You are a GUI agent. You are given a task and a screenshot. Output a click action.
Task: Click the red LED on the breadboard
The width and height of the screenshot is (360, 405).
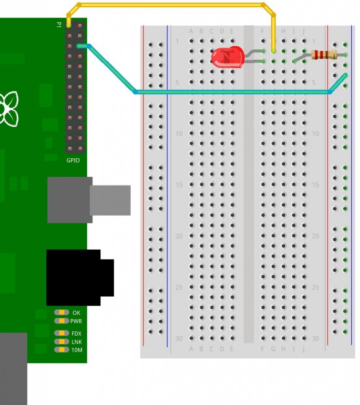[x=227, y=56]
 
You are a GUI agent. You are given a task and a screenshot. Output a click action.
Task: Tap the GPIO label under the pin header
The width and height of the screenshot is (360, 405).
[x=73, y=160]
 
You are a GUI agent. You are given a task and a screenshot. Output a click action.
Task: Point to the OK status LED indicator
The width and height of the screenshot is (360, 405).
[x=62, y=312]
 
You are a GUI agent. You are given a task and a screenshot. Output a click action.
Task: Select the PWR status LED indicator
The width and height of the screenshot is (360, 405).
[x=62, y=321]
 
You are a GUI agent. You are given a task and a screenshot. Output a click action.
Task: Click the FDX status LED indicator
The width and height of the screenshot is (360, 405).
[x=62, y=333]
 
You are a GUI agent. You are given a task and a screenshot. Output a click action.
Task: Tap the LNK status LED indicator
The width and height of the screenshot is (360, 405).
[x=62, y=341]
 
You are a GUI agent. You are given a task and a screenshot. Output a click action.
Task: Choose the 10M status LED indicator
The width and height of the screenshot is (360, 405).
[x=62, y=350]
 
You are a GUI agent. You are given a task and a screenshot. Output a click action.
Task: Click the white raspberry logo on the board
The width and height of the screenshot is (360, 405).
[x=9, y=109]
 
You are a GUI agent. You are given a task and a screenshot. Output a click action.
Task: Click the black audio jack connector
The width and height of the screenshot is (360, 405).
[x=79, y=277]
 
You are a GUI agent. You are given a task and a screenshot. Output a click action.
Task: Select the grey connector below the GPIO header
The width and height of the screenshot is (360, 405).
[x=89, y=200]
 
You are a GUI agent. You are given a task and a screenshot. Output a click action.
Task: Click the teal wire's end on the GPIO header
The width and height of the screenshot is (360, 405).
[x=79, y=46]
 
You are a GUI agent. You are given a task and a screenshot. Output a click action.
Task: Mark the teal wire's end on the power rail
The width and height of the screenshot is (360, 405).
[x=345, y=75]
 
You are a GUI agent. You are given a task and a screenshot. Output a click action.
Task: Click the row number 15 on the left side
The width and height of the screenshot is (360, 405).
[x=179, y=185]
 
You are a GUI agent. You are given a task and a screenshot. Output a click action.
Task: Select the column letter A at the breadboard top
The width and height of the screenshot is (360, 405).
[x=191, y=31]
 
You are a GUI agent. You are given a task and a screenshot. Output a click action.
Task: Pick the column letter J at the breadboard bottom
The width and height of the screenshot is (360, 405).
[x=304, y=349]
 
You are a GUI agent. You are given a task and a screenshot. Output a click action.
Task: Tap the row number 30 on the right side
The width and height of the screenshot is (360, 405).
[x=315, y=339]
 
